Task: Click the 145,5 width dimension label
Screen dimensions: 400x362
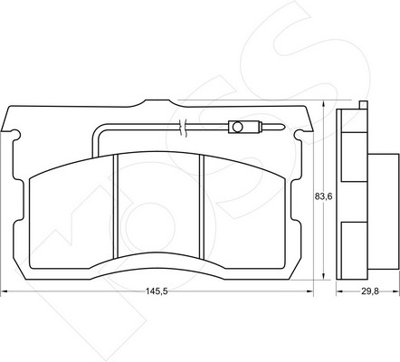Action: click(157, 291)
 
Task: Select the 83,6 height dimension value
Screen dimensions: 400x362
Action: click(323, 196)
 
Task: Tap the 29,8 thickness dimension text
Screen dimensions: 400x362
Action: click(370, 291)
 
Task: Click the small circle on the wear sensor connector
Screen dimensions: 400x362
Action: click(237, 127)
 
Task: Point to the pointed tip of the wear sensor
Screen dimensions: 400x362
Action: click(283, 127)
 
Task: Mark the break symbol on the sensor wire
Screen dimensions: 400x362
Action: click(183, 128)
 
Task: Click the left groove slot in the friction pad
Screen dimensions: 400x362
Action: click(115, 206)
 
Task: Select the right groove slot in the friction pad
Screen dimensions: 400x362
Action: click(202, 206)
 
